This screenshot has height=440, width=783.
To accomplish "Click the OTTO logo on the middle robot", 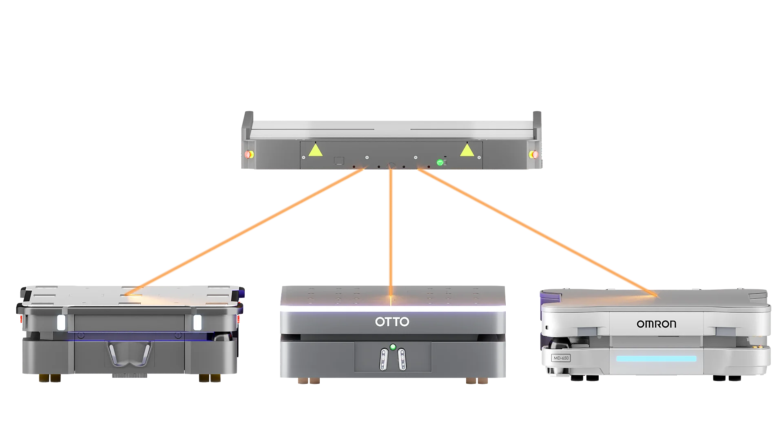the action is tap(392, 322).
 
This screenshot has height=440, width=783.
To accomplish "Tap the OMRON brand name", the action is tap(656, 324).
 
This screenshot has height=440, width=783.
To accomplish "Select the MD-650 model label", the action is tap(561, 358).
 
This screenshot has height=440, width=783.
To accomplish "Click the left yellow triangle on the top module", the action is tap(315, 150).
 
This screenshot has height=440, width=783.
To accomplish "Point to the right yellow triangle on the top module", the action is tap(467, 150).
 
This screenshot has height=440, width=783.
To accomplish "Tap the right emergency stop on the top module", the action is tap(533, 154).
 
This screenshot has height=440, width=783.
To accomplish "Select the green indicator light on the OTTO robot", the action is tap(393, 347).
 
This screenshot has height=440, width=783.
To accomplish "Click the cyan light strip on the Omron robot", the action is tap(656, 359).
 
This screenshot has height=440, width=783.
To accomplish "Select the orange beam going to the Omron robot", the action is tap(537, 232).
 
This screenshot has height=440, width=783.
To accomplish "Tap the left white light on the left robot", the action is tap(61, 322).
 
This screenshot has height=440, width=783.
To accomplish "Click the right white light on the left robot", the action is tap(197, 322).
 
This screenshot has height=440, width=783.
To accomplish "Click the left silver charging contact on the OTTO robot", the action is tap(383, 359).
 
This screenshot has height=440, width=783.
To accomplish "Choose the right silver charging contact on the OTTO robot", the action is tap(402, 359).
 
